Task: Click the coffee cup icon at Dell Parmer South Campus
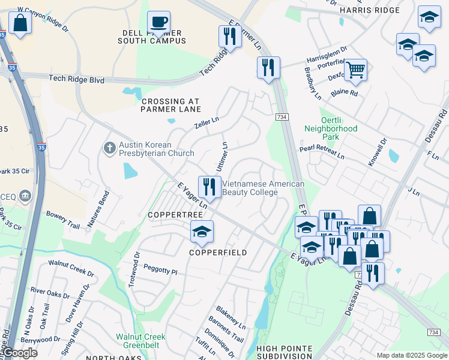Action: coord(159,23)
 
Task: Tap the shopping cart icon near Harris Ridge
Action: coord(355,70)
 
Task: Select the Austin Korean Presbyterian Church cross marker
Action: coord(109,148)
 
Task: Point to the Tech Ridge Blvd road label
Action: coord(76,79)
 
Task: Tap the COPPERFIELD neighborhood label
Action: coord(218,253)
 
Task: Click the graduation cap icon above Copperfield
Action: coord(202,232)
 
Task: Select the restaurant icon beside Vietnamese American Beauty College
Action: coord(208,186)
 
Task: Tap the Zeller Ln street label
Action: coord(206,124)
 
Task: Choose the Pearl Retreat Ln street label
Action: coord(322,152)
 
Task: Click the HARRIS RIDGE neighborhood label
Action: coord(369,10)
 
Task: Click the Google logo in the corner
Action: coord(19,353)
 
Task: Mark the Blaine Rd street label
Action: coord(345,94)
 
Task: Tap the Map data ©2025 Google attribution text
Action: coord(411,355)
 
